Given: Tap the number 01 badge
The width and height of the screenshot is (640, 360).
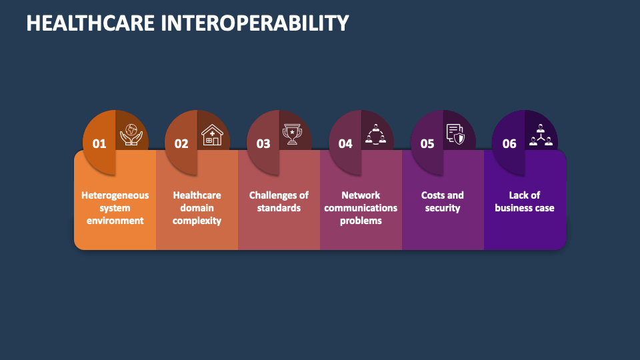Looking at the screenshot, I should coord(99,143).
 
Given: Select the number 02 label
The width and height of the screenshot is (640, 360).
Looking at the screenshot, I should coord(181,143).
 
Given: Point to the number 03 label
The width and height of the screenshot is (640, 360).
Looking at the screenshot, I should coord(263,143).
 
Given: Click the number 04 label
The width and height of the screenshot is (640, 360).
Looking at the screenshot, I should coord(345,143).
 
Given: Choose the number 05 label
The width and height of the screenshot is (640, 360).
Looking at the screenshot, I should coord(427,143).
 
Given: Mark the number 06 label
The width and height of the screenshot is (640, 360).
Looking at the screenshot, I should coord(509,143).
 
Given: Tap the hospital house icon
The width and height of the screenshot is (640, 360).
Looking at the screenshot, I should coord(212,134).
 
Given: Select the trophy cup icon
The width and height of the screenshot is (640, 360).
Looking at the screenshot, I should coord(293,134).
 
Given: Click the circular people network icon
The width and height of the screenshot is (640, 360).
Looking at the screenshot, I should coord(375,134).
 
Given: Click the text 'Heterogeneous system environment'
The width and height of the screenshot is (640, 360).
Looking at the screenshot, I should coord(115,208).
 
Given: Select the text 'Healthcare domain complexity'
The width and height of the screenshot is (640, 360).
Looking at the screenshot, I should coord(197,208).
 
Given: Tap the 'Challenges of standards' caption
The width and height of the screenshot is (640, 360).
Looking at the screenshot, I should coord(279,201).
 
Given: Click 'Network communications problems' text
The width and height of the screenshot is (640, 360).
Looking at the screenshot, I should coord(361,208).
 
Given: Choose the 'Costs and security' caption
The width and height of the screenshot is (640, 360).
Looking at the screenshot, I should coord(443,201).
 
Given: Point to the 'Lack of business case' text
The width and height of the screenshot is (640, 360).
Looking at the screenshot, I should coord(525,201).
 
